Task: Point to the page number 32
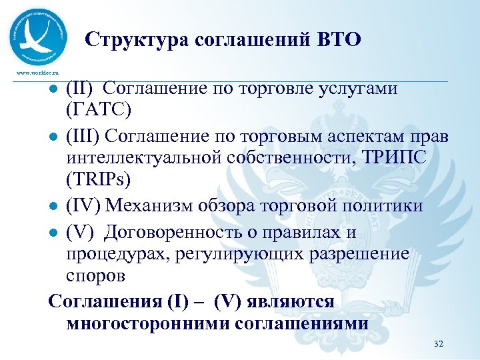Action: pyautogui.click(x=438, y=343)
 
